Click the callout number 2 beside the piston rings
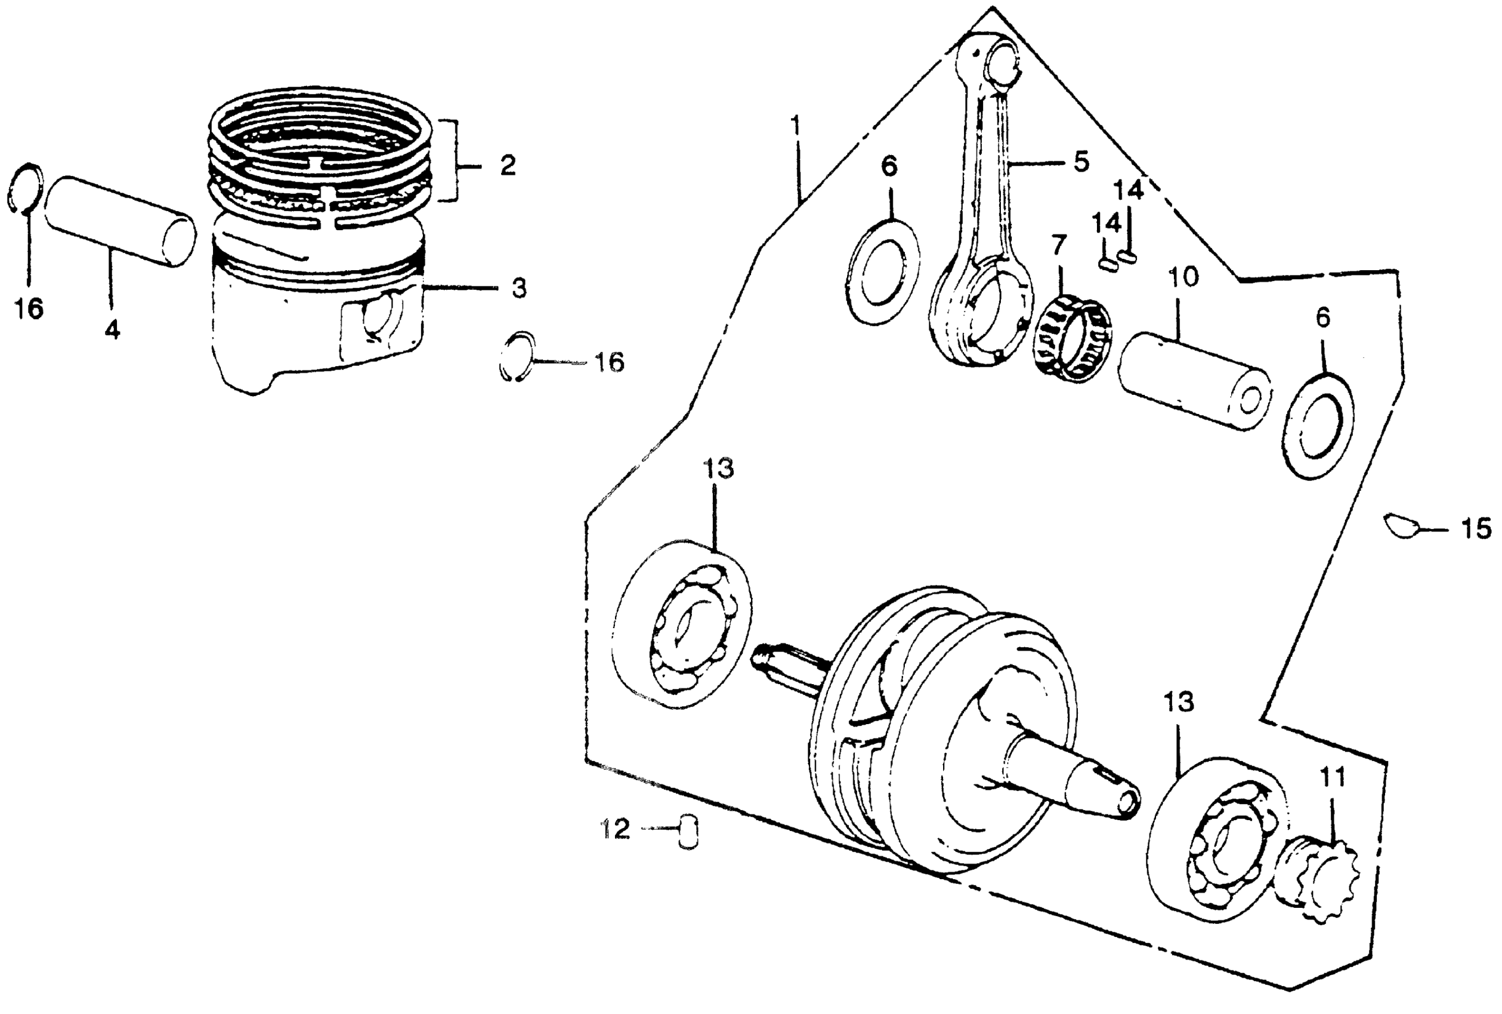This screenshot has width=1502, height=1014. pyautogui.click(x=508, y=166)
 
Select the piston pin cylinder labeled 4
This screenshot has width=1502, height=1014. pyautogui.click(x=121, y=220)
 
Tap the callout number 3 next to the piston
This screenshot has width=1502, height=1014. pyautogui.click(x=518, y=288)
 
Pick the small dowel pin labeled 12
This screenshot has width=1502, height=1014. pyautogui.click(x=689, y=831)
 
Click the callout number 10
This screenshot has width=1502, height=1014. pyautogui.click(x=1183, y=277)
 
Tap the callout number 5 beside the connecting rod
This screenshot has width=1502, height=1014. pyautogui.click(x=1081, y=162)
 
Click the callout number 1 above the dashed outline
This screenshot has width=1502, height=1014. pyautogui.click(x=796, y=125)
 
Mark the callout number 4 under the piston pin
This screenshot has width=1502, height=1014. pyautogui.click(x=112, y=330)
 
